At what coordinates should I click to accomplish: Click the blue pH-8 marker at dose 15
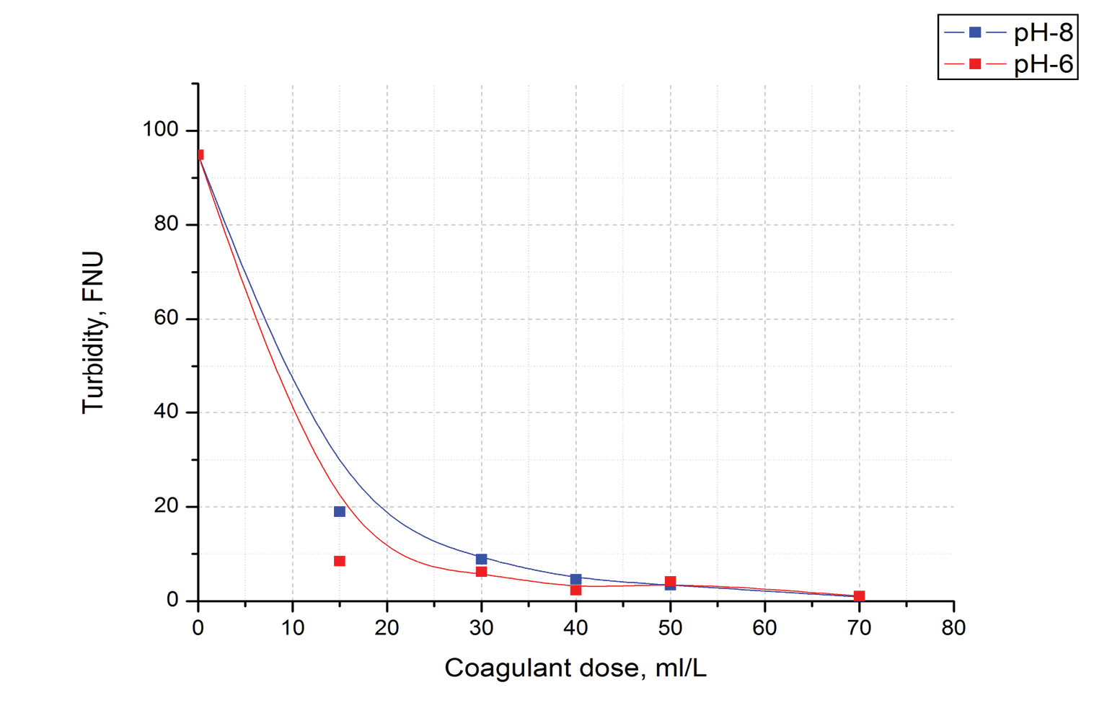[340, 512]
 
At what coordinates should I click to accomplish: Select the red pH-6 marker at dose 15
[340, 561]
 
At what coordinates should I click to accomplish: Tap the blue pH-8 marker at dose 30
[482, 559]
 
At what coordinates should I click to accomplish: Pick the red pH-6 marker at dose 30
[482, 572]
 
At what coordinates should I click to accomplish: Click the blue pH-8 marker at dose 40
[575, 579]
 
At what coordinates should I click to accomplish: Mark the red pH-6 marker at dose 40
[575, 590]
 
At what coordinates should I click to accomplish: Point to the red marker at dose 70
[859, 596]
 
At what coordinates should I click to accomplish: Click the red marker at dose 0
[200, 154]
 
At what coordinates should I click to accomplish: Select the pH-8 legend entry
[1009, 32]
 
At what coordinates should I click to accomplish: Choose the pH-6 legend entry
[1009, 64]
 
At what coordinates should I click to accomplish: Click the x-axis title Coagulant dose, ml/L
[575, 668]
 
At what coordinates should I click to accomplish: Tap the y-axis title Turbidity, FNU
[94, 332]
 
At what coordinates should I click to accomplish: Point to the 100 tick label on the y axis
[160, 130]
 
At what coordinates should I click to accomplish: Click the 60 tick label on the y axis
[166, 318]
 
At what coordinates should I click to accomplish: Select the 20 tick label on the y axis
[166, 506]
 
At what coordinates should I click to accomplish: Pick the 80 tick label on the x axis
[953, 628]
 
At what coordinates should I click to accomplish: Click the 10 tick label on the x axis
[293, 628]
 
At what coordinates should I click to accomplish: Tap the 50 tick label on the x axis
[670, 628]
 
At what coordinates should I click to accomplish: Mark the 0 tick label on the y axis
[172, 600]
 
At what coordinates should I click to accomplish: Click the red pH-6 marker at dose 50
[671, 581]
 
